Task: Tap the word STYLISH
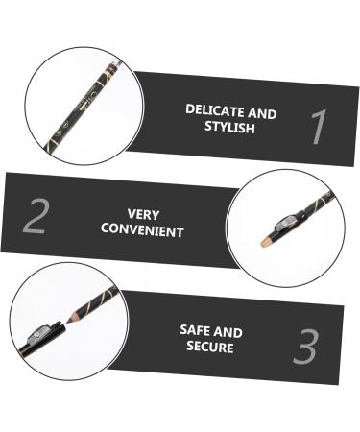231,127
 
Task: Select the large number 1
319,129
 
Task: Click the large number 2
35,218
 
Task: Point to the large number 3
305,348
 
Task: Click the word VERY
143,215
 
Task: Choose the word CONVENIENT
143,231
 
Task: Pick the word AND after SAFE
229,332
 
